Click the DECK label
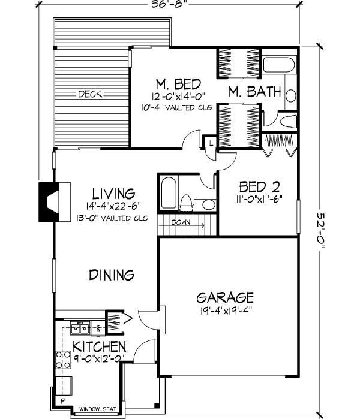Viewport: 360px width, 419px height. point(89,94)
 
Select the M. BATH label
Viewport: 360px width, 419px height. point(254,92)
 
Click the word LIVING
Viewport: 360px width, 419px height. point(113,194)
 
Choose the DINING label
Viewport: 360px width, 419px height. point(111,275)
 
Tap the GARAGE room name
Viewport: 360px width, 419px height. point(226,297)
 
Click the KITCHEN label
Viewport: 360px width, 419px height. point(99,346)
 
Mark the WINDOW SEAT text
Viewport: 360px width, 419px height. point(97,410)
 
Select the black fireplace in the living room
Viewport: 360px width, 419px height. point(48,201)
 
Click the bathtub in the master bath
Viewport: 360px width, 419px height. point(278,67)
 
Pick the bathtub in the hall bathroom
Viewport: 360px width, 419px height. point(167,193)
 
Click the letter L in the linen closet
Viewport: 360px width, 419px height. point(211,142)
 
